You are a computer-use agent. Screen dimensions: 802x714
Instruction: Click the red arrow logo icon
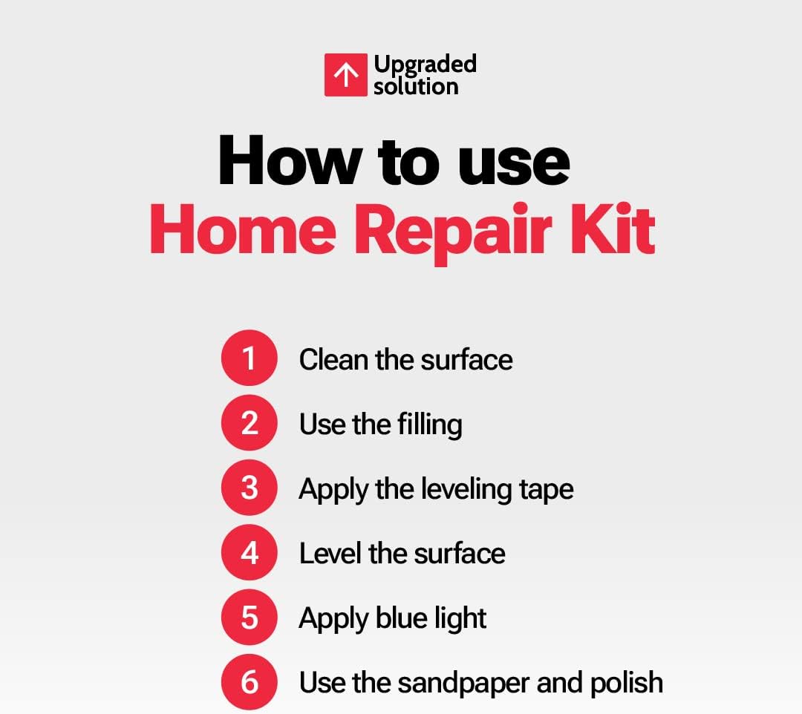[346, 75]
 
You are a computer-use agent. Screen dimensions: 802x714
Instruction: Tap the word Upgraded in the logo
[425, 65]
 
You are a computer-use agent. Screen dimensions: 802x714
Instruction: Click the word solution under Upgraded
[416, 86]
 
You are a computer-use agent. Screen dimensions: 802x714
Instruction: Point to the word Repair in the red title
[453, 231]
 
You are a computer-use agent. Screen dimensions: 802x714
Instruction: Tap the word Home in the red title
[243, 229]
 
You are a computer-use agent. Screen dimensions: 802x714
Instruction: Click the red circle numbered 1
[250, 358]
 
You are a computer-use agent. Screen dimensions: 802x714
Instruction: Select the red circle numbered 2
[250, 422]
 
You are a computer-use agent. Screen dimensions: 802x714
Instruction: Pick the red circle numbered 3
[250, 487]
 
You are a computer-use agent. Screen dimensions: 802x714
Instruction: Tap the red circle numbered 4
[250, 552]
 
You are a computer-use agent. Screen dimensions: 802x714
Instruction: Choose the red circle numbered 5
[250, 617]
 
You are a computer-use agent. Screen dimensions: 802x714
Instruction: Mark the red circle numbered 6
[250, 682]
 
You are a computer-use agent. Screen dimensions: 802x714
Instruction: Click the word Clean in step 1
[333, 359]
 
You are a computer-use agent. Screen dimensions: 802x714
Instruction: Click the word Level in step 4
[330, 554]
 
